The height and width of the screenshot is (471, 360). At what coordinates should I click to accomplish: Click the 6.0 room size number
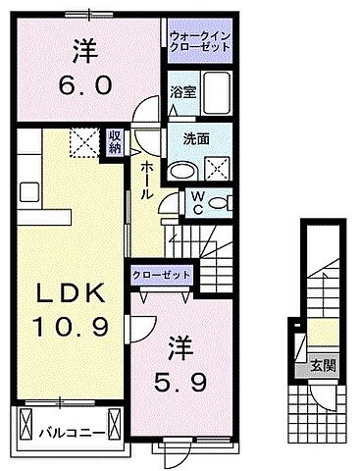[83, 84]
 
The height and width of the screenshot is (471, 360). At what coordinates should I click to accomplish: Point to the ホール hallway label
[146, 179]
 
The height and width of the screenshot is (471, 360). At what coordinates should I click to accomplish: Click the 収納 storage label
[116, 144]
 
